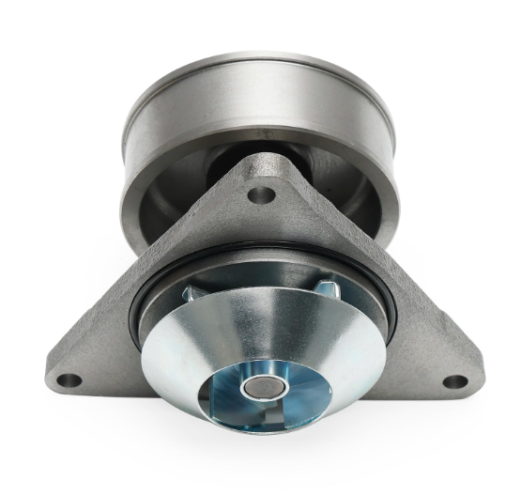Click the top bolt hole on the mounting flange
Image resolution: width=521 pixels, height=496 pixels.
263,195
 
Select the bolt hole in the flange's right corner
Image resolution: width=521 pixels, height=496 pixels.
453,381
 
